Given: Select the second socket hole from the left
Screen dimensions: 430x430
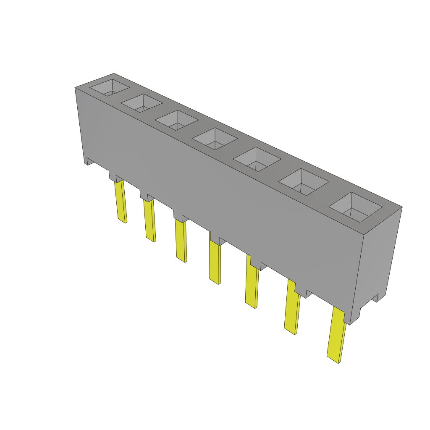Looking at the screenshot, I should tap(142, 103).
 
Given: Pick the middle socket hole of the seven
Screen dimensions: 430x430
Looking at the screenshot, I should tap(215, 139).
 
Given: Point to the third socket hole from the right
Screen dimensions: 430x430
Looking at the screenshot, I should tap(257, 160).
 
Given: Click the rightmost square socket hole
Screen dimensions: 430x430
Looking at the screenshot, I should tap(355, 207).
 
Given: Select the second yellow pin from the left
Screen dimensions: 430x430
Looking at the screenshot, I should tap(149, 220).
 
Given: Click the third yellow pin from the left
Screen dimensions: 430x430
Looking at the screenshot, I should tap(181, 240).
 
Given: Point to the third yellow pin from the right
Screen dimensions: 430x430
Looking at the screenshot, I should tap(252, 286).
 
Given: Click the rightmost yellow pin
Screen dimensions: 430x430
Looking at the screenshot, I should tap(337, 336).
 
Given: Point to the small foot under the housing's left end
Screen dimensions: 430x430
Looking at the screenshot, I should tap(89, 161).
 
